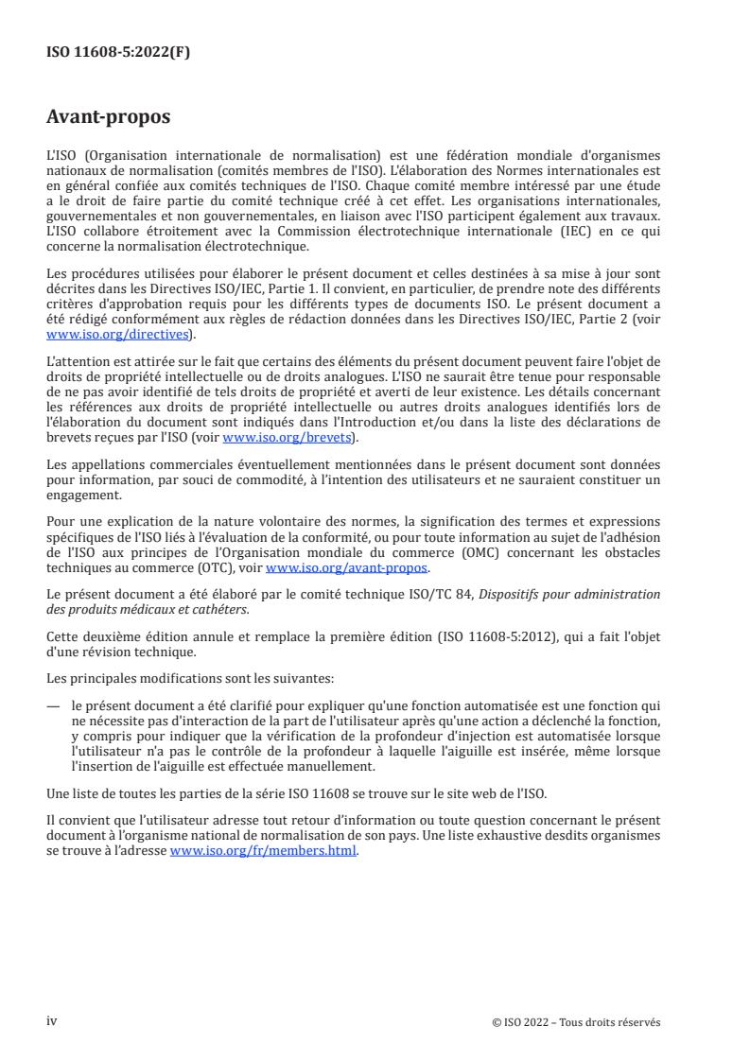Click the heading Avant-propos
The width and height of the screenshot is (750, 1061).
pos(109,117)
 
